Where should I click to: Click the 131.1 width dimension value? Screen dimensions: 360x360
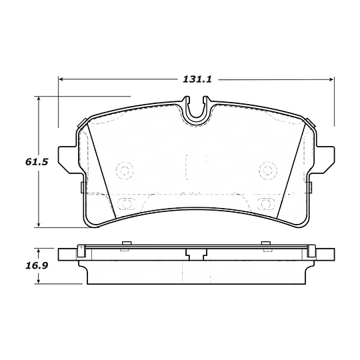pos(197,79)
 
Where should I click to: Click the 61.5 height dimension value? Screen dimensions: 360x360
pos(37,162)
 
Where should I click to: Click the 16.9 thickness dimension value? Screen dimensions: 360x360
pos(37,265)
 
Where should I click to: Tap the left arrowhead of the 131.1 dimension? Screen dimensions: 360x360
pos(61,79)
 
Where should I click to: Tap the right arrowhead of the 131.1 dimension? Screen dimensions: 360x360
pos(331,79)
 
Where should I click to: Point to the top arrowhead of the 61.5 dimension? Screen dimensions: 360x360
pos(39,99)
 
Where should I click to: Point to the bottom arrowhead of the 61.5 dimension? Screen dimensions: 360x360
pos(39,225)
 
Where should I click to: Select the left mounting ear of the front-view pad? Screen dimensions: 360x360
pos(69,159)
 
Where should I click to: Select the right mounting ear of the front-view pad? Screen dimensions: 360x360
pos(324,159)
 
